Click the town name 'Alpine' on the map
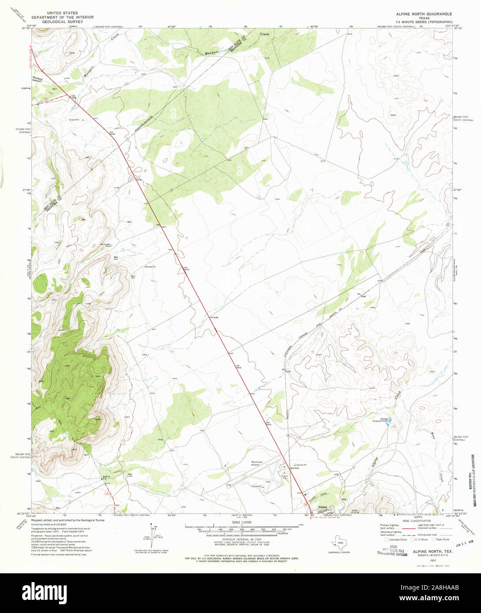323,507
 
